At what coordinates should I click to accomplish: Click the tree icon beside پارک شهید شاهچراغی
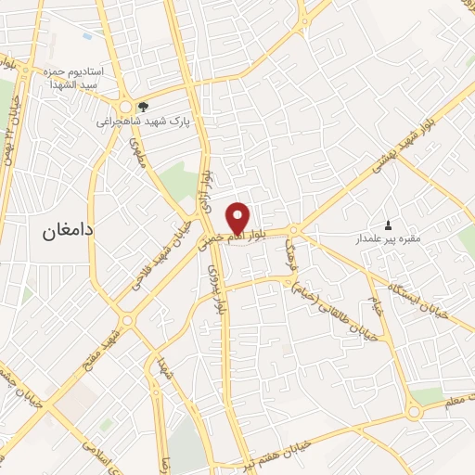pos(142,107)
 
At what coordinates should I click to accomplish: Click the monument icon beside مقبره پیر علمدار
pos(388,225)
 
